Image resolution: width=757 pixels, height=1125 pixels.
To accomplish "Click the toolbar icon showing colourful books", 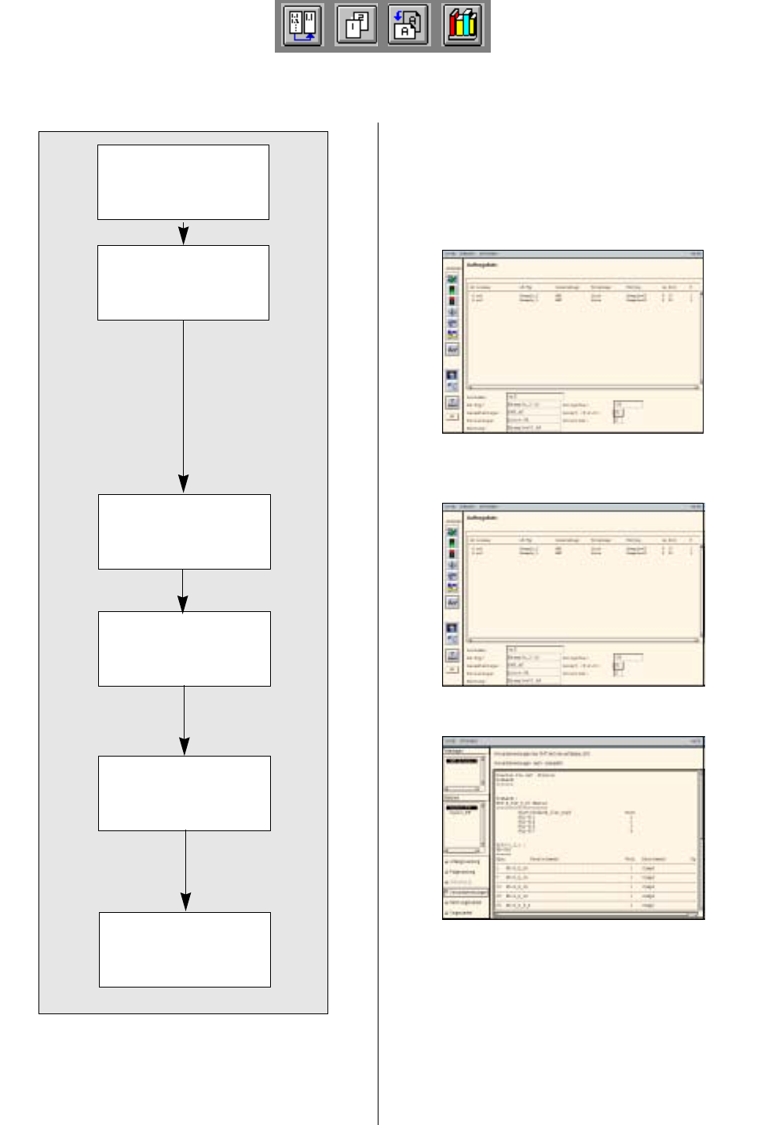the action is [463, 25].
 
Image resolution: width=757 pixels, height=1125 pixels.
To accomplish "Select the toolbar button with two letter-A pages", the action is [408, 25].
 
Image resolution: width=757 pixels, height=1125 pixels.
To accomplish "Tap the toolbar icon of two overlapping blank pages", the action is [356, 25].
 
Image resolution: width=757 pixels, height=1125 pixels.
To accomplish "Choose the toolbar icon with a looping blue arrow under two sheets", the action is [303, 25].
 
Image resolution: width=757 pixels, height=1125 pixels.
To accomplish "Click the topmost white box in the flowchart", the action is [183, 182].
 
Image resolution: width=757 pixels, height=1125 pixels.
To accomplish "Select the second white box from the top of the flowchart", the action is [183, 283].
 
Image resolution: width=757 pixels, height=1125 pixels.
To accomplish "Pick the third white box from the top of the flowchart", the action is [184, 532].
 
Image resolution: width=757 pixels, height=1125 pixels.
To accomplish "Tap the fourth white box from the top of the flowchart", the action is [184, 649].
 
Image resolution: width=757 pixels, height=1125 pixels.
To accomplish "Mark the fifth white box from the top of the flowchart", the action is [184, 793].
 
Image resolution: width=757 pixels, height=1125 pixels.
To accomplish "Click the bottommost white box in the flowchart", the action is [185, 950].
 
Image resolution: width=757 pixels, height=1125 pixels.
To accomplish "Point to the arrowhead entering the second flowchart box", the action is [183, 236].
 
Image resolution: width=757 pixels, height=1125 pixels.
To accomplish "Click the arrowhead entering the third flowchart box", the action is [183, 485].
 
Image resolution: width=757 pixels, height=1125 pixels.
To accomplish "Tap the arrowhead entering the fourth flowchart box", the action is [183, 603].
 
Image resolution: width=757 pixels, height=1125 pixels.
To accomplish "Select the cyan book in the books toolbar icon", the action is [472, 25].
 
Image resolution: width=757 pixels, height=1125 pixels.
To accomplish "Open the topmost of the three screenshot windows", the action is [572, 342].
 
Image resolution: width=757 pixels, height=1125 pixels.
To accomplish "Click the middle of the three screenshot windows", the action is [572, 595].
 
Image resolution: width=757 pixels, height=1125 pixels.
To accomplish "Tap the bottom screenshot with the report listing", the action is [572, 828].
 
